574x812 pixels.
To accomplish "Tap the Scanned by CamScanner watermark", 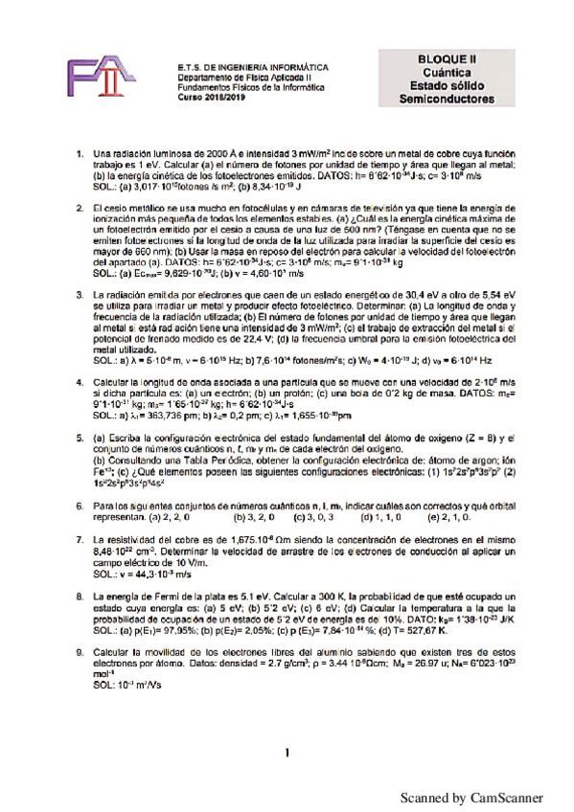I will [471, 798].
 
